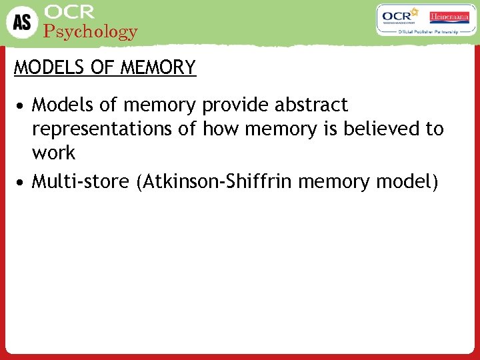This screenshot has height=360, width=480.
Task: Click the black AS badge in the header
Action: tap(21, 22)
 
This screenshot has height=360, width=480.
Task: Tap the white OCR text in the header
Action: tap(69, 12)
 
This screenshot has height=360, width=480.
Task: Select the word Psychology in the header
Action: tap(90, 31)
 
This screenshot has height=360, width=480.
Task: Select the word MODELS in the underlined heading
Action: tap(41, 68)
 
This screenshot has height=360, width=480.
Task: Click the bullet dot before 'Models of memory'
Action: tap(22, 106)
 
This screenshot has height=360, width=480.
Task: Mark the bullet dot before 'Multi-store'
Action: tap(22, 182)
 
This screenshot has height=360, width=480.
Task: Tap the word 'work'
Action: tap(53, 153)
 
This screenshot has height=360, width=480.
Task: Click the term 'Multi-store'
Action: tap(81, 181)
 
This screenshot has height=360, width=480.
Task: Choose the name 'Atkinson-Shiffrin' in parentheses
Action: tap(214, 181)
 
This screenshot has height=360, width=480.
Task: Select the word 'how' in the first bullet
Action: tap(222, 129)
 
